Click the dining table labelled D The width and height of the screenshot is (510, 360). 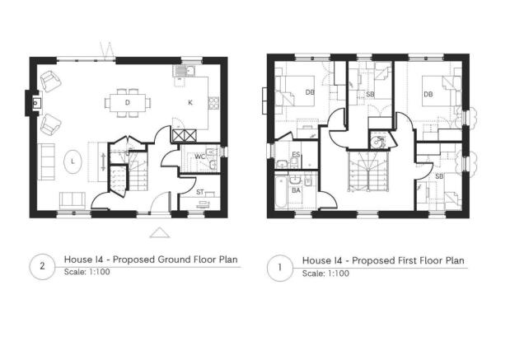click(129, 103)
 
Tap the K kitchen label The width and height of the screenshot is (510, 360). click(189, 103)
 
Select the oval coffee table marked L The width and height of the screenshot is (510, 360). click(73, 161)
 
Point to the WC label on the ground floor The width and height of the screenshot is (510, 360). click(199, 156)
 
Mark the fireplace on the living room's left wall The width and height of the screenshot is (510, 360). click(35, 104)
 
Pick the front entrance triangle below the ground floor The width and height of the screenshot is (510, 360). click(161, 232)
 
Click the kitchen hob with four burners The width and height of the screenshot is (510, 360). click(213, 104)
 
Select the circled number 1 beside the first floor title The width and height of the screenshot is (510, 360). click(279, 265)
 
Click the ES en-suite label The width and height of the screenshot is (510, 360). click(295, 155)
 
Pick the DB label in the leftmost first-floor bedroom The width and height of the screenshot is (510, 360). click(309, 92)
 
